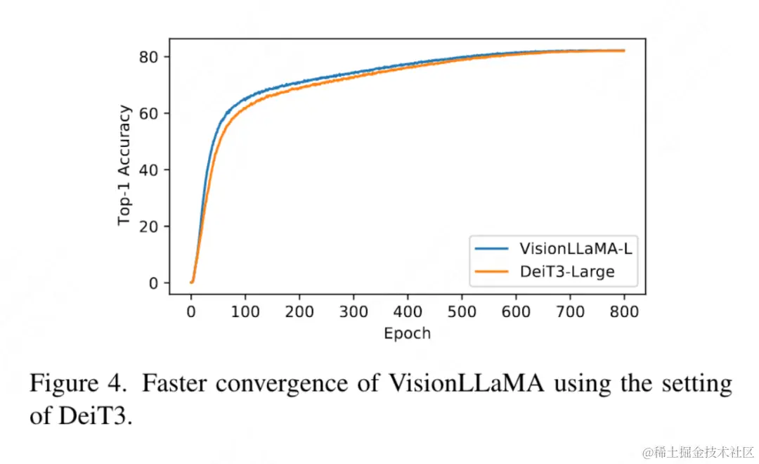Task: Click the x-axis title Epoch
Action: (x=407, y=333)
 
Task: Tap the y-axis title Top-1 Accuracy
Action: (x=124, y=165)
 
